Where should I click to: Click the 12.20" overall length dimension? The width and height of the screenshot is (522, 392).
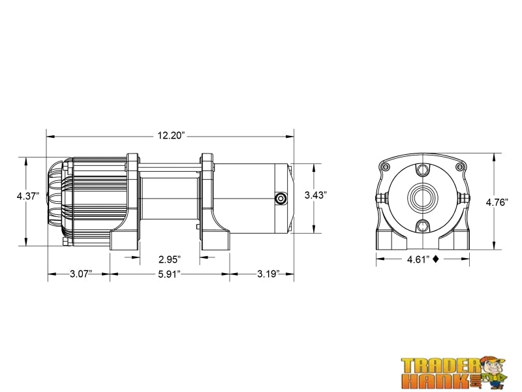coord(171,136)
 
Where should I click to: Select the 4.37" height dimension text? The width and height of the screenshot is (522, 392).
coord(29,195)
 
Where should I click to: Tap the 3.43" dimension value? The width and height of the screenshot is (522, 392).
coord(316,195)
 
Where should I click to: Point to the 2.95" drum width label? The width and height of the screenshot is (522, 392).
coord(170,259)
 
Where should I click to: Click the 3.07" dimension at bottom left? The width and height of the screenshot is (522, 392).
coord(80,273)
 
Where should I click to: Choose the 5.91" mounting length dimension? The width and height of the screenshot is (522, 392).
coord(170,273)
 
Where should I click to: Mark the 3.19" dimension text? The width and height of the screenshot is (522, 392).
coord(268,273)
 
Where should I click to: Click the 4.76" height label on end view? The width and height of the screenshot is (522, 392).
coord(497,203)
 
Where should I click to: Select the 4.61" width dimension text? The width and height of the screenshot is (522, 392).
coord(418,259)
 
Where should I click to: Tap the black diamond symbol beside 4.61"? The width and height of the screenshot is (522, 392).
coord(435,259)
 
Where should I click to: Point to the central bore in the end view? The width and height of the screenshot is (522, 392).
coord(423,198)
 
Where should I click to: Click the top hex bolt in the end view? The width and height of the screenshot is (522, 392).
coord(423,171)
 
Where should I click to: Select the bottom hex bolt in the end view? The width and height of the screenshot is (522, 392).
coord(423,227)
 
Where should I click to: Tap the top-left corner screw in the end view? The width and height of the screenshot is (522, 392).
coord(385,169)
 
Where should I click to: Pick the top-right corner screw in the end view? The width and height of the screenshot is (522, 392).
coord(461,169)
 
